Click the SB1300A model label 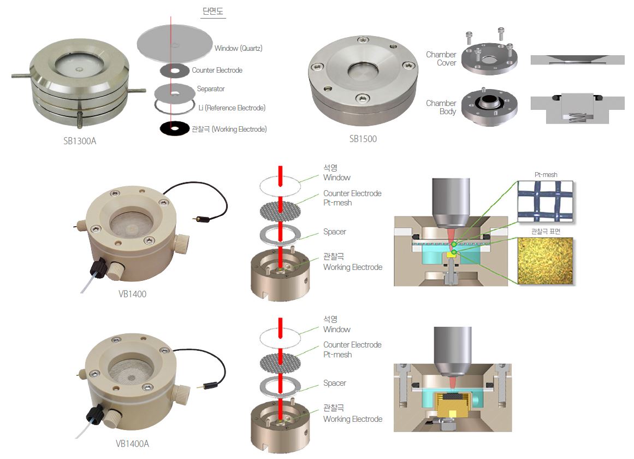pyautogui.click(x=80, y=141)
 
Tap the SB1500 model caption pyautogui.click(x=363, y=139)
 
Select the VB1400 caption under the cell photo pyautogui.click(x=132, y=294)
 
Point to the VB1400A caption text pyautogui.click(x=132, y=444)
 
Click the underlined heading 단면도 pyautogui.click(x=212, y=11)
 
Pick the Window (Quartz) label pyautogui.click(x=238, y=48)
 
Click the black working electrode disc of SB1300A pyautogui.click(x=175, y=129)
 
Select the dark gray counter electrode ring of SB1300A pyautogui.click(x=175, y=71)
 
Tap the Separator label pyautogui.click(x=211, y=89)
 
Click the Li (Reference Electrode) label pyautogui.click(x=232, y=108)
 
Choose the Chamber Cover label pyautogui.click(x=441, y=58)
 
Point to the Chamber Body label pyautogui.click(x=441, y=107)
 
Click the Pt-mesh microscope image pyautogui.click(x=546, y=201)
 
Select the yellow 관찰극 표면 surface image pyautogui.click(x=546, y=261)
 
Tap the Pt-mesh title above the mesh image pyautogui.click(x=546, y=174)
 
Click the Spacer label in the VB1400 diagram pyautogui.click(x=334, y=232)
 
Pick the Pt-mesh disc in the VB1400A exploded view pyautogui.click(x=280, y=363)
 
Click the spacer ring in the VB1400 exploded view pyautogui.click(x=280, y=235)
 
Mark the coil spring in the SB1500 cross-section pyautogui.click(x=577, y=118)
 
